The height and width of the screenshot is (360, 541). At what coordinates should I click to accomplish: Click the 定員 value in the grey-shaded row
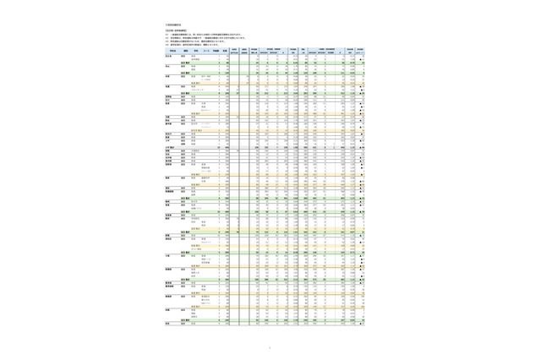pos(227,146)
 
